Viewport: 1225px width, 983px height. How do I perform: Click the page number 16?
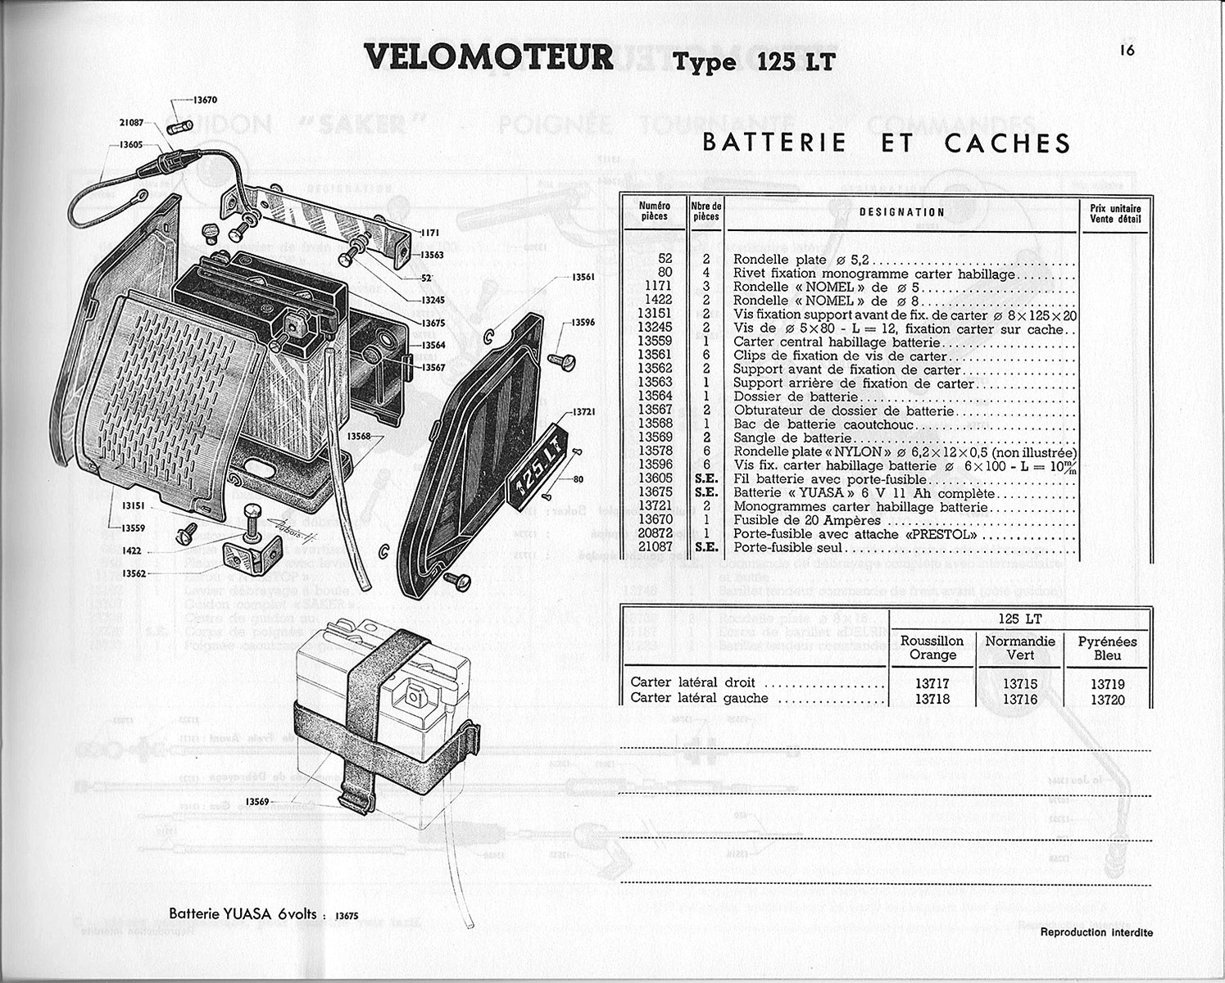(x=1127, y=51)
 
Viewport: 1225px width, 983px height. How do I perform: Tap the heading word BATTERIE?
(x=774, y=143)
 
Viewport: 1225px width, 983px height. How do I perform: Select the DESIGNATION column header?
(x=902, y=212)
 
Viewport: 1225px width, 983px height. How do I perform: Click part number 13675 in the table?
(x=656, y=493)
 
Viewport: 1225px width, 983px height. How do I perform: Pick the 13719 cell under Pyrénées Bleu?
(x=1107, y=684)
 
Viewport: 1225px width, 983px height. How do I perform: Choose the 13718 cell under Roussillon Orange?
(x=932, y=699)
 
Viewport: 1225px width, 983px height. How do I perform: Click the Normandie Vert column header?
(x=1020, y=648)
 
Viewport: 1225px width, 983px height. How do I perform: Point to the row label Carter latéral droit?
(x=693, y=682)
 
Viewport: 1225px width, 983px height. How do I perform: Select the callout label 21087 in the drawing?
(x=130, y=123)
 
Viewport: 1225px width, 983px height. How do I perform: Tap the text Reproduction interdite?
(x=1096, y=932)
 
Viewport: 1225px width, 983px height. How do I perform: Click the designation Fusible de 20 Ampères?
(x=807, y=520)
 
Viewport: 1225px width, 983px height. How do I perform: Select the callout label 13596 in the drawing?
(x=583, y=322)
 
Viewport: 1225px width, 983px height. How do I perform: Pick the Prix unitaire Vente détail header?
(x=1116, y=212)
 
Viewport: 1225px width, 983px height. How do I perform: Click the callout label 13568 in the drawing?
(x=359, y=436)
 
